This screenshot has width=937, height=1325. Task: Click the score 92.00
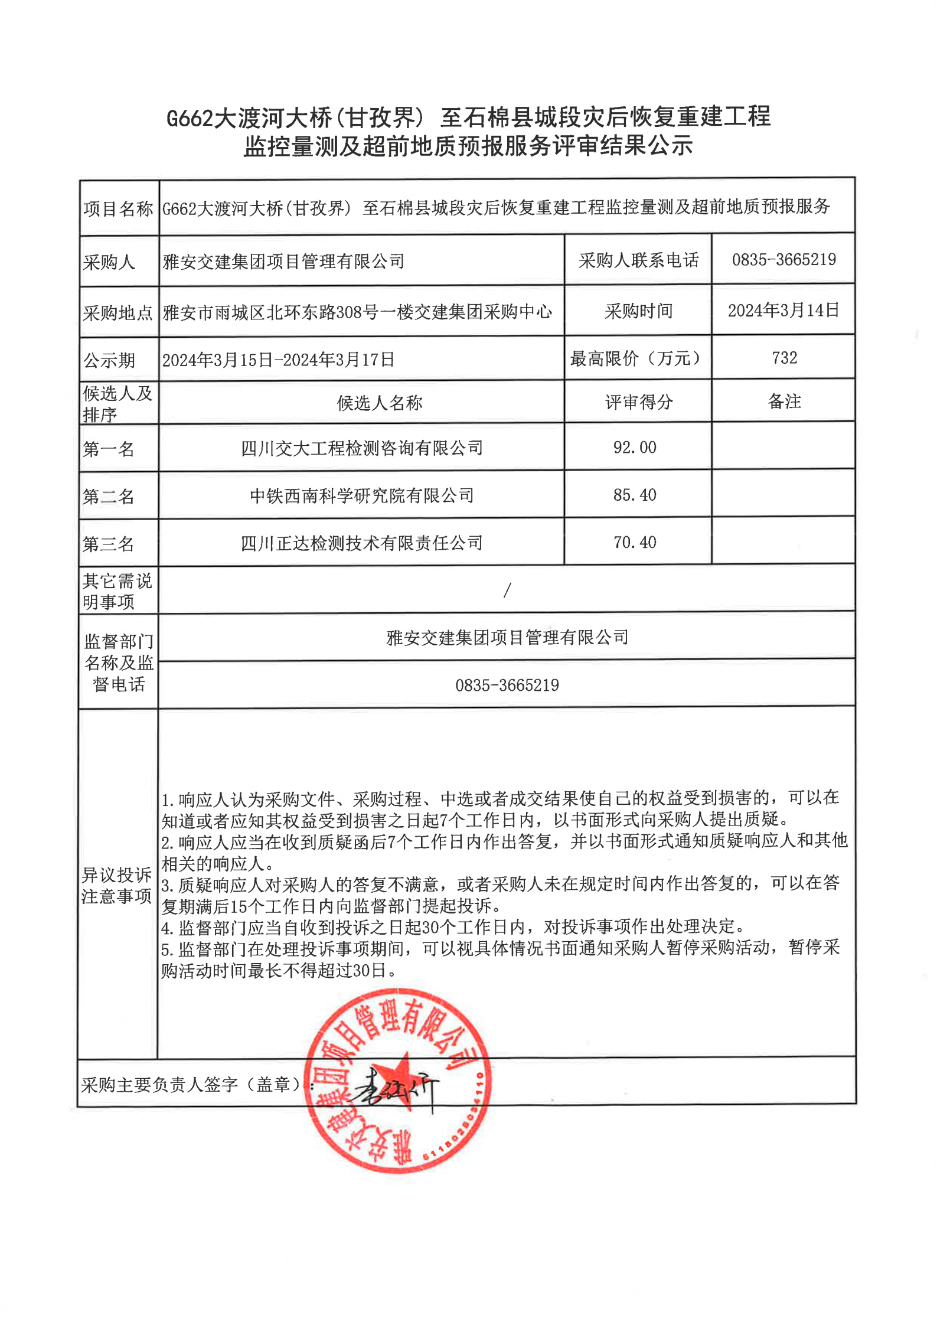coord(635,448)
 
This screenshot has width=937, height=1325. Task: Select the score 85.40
coord(635,495)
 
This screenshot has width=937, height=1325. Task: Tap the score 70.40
coord(635,542)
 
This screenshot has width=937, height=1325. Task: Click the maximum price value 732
coord(784,358)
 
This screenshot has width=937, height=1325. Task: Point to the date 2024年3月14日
coord(783,311)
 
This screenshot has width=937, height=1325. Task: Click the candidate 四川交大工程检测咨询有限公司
coord(362,448)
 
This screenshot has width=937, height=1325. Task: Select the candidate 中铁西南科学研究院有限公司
coord(362,495)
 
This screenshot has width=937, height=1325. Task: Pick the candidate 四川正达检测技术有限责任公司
coord(362,543)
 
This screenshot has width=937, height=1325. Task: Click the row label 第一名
coord(109,449)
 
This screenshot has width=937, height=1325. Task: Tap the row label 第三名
coord(109,544)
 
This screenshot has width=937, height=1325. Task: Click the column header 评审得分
coord(639,402)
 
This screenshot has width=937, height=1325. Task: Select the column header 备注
coord(784,402)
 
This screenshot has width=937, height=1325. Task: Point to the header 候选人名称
coord(380,403)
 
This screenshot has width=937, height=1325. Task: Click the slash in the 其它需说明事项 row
coord(507,589)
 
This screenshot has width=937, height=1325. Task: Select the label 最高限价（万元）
coord(636,358)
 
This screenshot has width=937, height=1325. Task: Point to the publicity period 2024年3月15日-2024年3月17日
coord(278,360)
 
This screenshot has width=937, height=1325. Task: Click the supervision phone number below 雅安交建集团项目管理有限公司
coord(507,685)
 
